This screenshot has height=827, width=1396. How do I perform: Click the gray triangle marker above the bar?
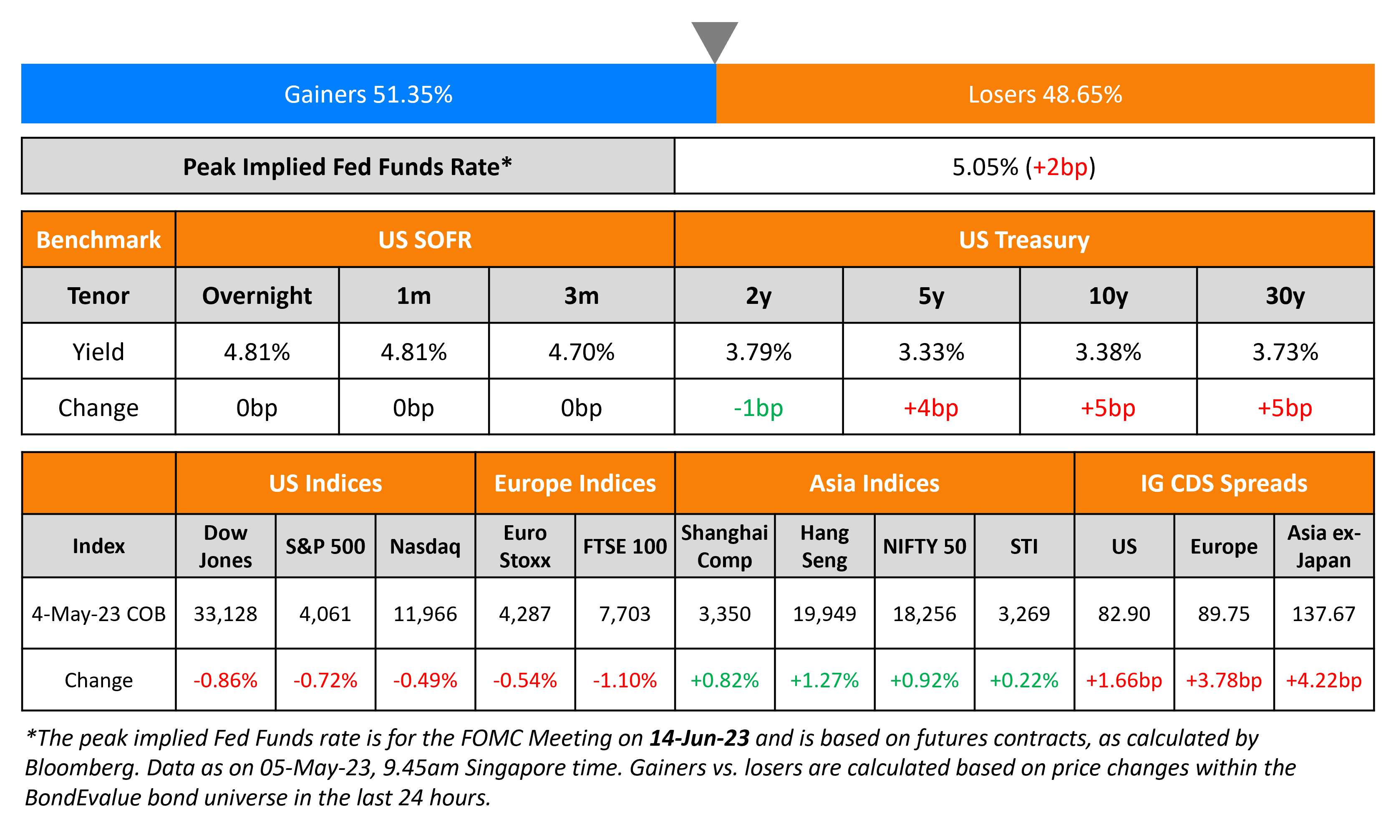[714, 39]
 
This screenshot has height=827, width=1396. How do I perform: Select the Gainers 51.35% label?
[368, 94]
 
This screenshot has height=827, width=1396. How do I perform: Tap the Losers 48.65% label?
[1045, 94]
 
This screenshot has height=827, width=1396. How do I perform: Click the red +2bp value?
[1060, 167]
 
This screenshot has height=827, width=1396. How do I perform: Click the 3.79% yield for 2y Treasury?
[758, 352]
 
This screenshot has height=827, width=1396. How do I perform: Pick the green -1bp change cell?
[758, 408]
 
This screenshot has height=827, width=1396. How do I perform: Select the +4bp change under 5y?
[931, 408]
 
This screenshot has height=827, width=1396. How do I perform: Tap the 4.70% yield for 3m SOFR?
[581, 352]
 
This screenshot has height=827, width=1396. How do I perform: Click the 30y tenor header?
[1285, 296]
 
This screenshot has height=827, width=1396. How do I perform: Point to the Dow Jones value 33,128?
[225, 614]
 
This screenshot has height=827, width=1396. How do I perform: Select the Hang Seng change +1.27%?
[824, 680]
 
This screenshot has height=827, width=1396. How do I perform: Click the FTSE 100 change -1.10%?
[625, 680]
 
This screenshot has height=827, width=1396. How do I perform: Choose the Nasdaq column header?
[425, 546]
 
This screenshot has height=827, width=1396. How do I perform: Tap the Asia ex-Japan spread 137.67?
[1323, 614]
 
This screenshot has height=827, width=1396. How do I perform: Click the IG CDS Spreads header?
[1224, 483]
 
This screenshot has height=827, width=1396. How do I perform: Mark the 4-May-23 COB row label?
[99, 614]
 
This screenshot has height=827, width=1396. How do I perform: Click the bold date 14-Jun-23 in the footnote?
[699, 738]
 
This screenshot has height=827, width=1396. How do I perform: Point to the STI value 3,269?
[1024, 614]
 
